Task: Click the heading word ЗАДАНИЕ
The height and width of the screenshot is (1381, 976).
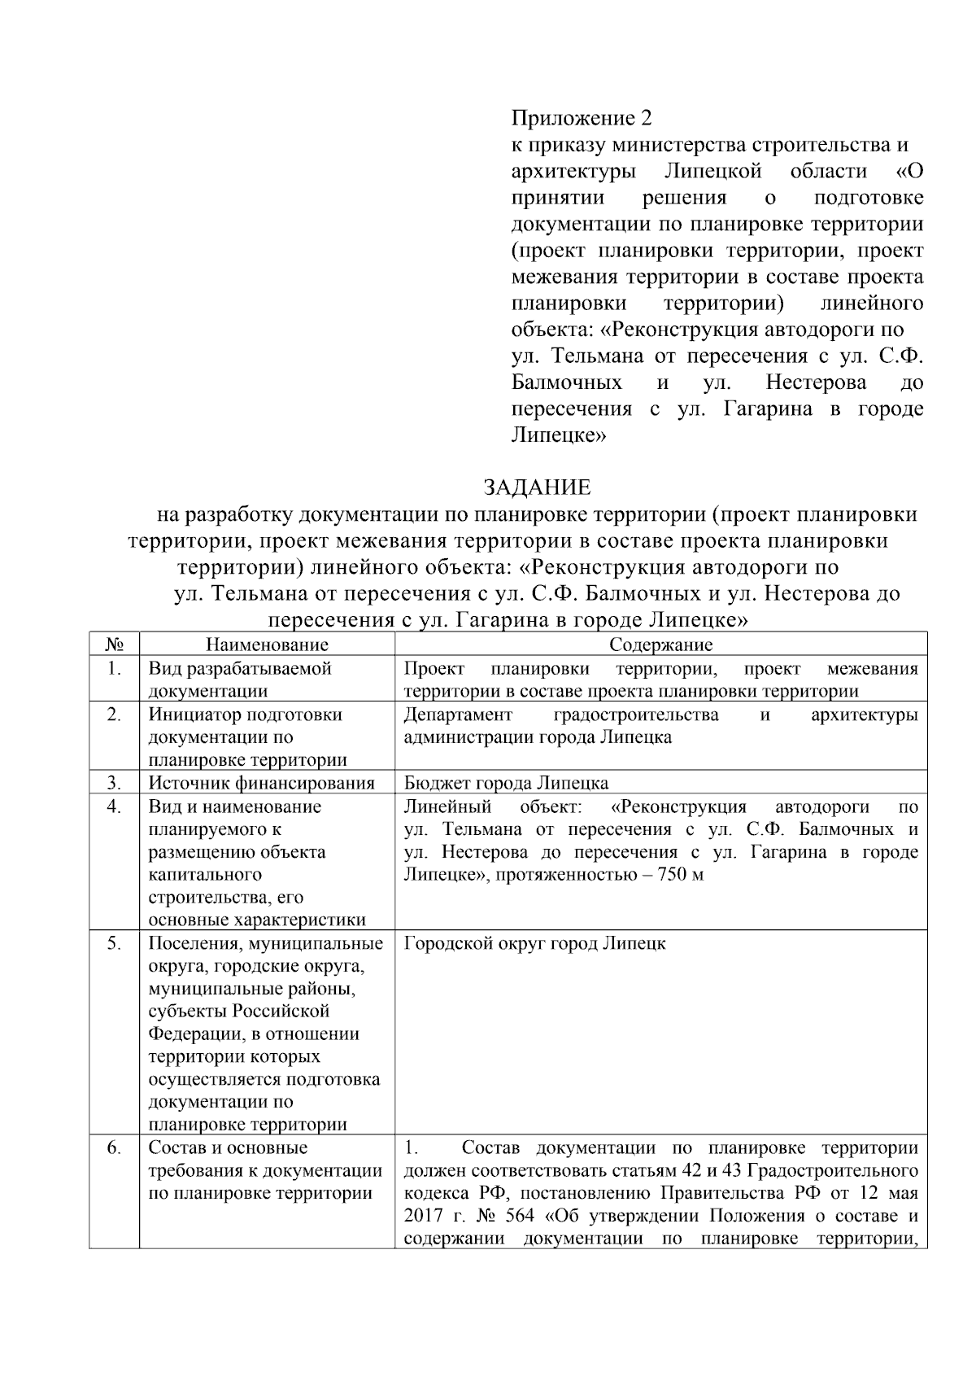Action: point(537,487)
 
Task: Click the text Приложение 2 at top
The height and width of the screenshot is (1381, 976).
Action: point(582,119)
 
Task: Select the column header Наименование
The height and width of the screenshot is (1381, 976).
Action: point(267,645)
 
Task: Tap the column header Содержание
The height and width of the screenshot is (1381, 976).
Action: point(660,645)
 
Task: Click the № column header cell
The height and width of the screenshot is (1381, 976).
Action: point(114,645)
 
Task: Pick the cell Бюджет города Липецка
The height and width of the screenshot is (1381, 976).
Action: point(506,783)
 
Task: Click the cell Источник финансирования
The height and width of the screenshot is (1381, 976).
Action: point(261,783)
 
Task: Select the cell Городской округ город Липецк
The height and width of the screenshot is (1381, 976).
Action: point(534,943)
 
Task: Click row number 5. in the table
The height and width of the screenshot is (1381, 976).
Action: point(114,943)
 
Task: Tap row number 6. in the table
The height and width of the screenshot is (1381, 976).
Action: point(114,1148)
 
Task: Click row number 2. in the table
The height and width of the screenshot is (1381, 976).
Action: point(114,715)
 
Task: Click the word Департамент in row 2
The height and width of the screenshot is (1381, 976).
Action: point(458,715)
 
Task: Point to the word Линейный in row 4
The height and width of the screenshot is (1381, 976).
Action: point(447,806)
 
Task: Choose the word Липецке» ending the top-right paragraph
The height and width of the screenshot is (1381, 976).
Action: point(560,435)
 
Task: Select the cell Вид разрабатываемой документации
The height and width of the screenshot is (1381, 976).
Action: point(240,680)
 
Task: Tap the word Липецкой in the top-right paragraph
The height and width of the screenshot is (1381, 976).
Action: point(712,172)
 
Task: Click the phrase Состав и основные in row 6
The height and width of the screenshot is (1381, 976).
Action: point(228,1148)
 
